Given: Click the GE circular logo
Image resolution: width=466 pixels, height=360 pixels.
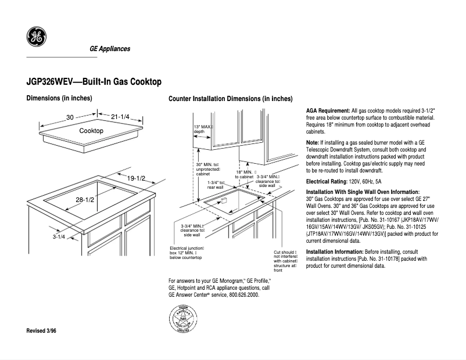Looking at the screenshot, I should coord(37,38).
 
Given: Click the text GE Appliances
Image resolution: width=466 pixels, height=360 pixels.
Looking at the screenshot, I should coord(109,49).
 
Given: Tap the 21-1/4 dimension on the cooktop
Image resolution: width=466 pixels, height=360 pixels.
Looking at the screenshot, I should coord(120,117).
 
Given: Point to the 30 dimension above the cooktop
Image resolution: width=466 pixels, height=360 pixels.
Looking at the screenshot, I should coord(70,117).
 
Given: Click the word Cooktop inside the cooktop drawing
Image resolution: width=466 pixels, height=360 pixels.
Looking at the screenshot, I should coord(91,131).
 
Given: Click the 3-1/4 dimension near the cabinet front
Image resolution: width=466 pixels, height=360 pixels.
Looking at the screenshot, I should coord(59,237).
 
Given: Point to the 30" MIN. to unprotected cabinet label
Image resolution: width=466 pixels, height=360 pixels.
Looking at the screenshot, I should coord(207,169).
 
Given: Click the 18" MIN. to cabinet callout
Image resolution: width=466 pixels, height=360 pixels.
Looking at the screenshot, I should coord(245,174).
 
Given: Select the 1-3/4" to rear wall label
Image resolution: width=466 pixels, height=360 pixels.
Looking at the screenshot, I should coord(216,185).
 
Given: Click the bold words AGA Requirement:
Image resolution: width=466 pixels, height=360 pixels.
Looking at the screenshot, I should coord(328,110).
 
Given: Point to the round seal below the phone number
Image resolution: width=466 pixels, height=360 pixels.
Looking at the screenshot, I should coord(183,319).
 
